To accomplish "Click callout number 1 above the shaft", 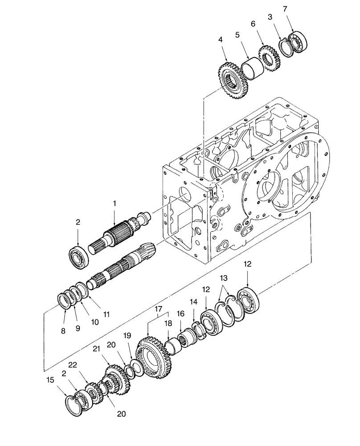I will pyautogui.click(x=115, y=203).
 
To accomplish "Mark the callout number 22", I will pyautogui.click(x=85, y=365).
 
